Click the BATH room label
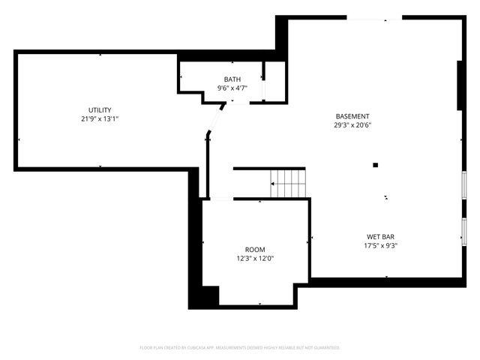pyautogui.click(x=232, y=79)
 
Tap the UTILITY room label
pyautogui.click(x=100, y=110)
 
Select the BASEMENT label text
pyautogui.click(x=352, y=116)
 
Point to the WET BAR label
pyautogui.click(x=381, y=236)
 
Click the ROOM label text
pyautogui.click(x=255, y=250)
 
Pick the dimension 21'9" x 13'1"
pyautogui.click(x=100, y=119)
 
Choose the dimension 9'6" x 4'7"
pyautogui.click(x=232, y=88)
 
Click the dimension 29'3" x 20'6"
pyautogui.click(x=352, y=125)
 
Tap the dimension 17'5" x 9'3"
pyautogui.click(x=381, y=245)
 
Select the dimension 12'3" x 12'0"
pyautogui.click(x=255, y=259)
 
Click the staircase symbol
pyautogui.click(x=289, y=181)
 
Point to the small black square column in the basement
pyautogui.click(x=376, y=165)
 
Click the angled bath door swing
pyautogui.click(x=217, y=120)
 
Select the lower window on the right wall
pyautogui.click(x=464, y=231)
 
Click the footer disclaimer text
pyautogui.click(x=240, y=347)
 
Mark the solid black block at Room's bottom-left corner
pyautogui.click(x=203, y=296)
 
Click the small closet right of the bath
pyautogui.click(x=275, y=80)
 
